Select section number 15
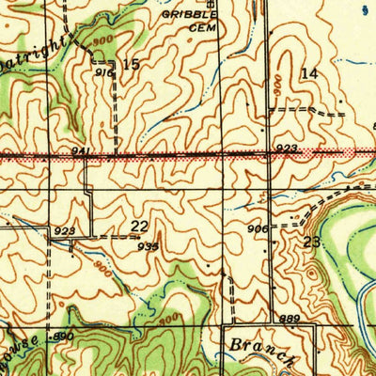point(131,64)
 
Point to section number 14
point(309,72)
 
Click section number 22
point(140,226)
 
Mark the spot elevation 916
point(102,71)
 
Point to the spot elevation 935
point(147,245)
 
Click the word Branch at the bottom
point(260,351)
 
